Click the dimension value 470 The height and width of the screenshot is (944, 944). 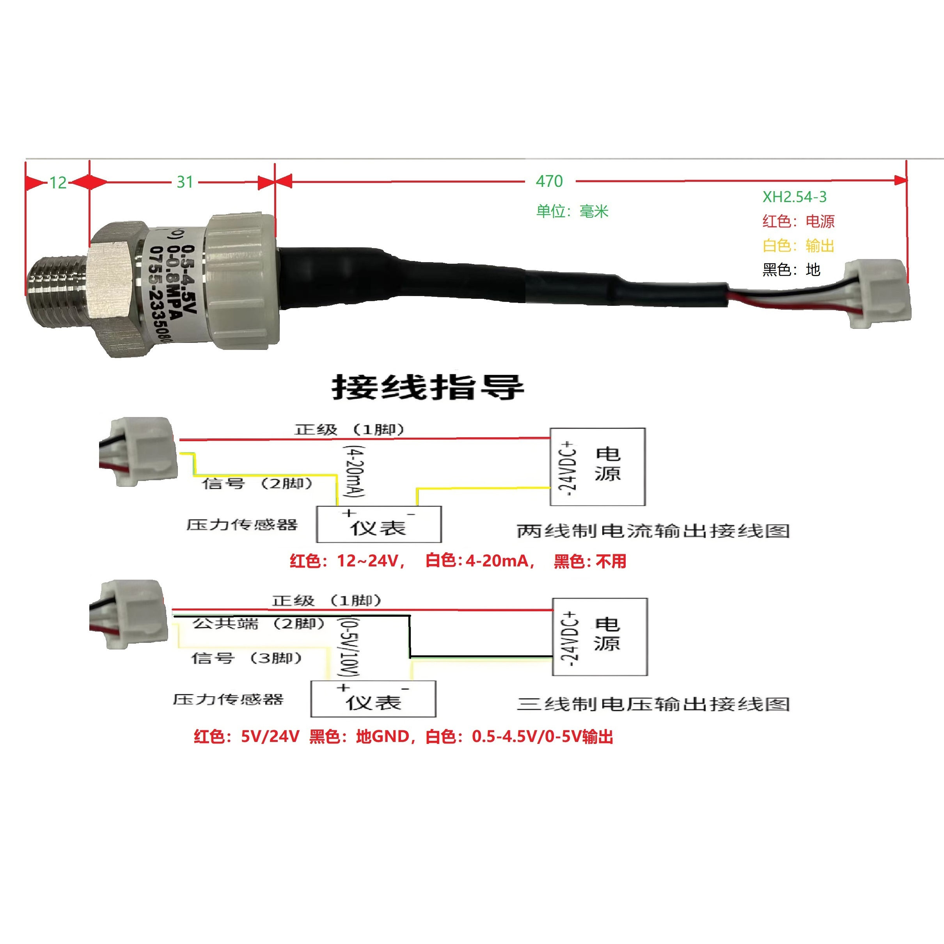point(549,181)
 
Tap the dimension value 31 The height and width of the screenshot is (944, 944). point(185,182)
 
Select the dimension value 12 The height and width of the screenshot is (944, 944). point(58,183)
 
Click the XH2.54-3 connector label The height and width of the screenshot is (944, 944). point(795,197)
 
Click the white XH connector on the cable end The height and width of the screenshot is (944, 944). point(878,294)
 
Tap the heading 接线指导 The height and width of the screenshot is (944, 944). point(428,387)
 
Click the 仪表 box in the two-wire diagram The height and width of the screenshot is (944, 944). point(379,525)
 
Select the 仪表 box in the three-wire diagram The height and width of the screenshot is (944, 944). point(373,699)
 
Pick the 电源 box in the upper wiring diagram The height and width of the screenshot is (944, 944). point(598,467)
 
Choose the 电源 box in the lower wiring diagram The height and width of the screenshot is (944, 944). point(600,637)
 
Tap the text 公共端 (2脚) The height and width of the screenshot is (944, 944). point(258,624)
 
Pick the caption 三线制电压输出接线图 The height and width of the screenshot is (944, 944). point(653,704)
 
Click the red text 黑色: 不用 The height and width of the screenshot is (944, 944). point(590,561)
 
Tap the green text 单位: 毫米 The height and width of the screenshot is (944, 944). point(572,211)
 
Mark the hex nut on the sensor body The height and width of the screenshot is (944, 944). point(116,289)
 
